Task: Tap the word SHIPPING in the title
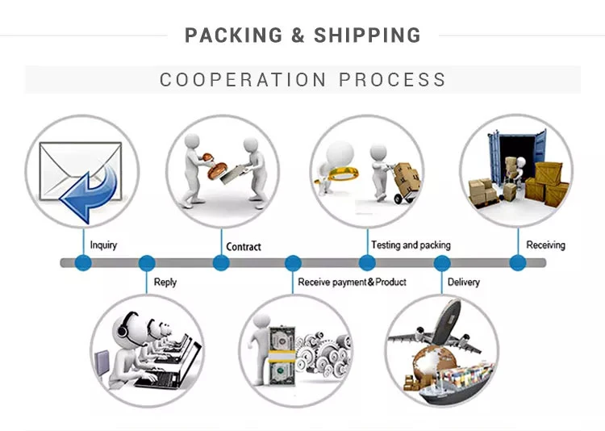click(367, 36)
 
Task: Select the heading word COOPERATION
click(243, 80)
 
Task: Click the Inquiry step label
click(103, 245)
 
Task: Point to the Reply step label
click(165, 282)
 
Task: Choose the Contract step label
click(244, 247)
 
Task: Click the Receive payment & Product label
click(352, 282)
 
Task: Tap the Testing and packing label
click(411, 245)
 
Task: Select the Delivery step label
click(463, 282)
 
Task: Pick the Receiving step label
click(546, 245)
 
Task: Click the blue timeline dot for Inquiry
click(82, 263)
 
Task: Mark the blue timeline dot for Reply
click(147, 263)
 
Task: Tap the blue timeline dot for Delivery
click(442, 263)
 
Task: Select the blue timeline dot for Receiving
click(518, 263)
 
